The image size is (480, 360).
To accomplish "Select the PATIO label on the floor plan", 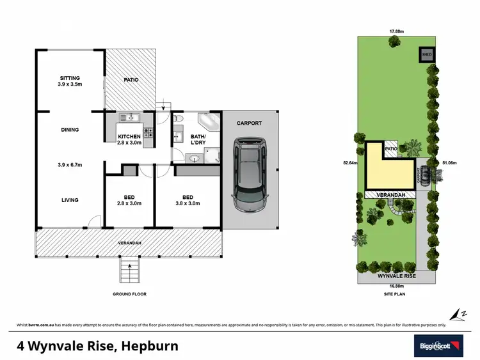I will [130, 80].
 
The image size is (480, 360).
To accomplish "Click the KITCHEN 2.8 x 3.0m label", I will [129, 139].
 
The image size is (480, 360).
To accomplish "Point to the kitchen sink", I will [131, 117].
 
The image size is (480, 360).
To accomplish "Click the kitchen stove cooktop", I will [148, 132].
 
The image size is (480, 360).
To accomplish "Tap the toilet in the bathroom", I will [179, 118].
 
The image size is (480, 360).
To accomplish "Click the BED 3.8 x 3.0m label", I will [188, 200].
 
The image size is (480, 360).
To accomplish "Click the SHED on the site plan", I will [426, 55].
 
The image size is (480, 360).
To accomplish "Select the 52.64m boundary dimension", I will [348, 163].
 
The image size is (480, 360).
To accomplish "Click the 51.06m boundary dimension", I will [449, 163].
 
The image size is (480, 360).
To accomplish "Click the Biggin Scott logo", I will [437, 345].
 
